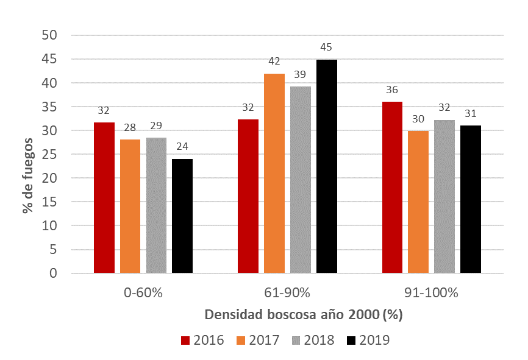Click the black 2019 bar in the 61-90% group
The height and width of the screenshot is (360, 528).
point(326,166)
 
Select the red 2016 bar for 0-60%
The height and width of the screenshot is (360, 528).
point(104,197)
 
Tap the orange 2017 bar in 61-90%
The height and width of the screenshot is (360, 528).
point(274,173)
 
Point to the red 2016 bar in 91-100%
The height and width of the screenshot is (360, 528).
point(392,187)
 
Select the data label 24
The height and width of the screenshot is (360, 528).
point(182,146)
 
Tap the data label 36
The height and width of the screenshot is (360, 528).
point(392,90)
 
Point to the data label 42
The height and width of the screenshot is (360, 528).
point(274,62)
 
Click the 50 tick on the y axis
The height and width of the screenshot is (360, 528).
point(50,35)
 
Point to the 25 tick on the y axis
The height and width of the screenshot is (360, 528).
point(50,155)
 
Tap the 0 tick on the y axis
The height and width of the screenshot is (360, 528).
point(54,274)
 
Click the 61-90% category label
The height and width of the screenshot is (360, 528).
point(287,293)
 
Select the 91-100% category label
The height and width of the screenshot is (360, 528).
point(431,293)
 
